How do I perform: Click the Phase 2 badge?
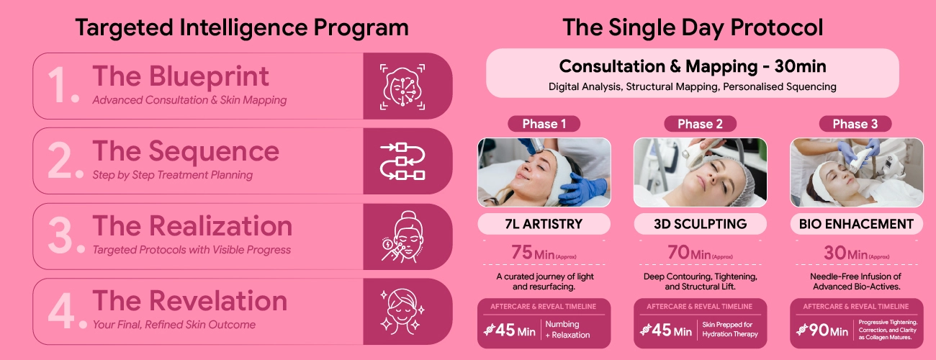700,124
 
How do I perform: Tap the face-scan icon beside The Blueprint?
402,87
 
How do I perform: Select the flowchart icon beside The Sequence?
402,161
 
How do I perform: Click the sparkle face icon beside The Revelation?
402,311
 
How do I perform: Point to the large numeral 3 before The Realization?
61,235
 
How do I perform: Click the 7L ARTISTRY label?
544,224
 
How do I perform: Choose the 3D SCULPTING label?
700,224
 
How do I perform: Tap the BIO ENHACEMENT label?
856,224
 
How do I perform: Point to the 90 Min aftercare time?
828,330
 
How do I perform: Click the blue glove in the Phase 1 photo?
582,189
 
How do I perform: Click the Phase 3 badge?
855,124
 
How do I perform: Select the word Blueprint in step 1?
209,77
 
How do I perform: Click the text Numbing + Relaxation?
567,330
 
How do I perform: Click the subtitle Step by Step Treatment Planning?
173,175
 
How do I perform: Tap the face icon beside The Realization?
402,236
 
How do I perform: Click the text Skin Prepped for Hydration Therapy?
729,330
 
